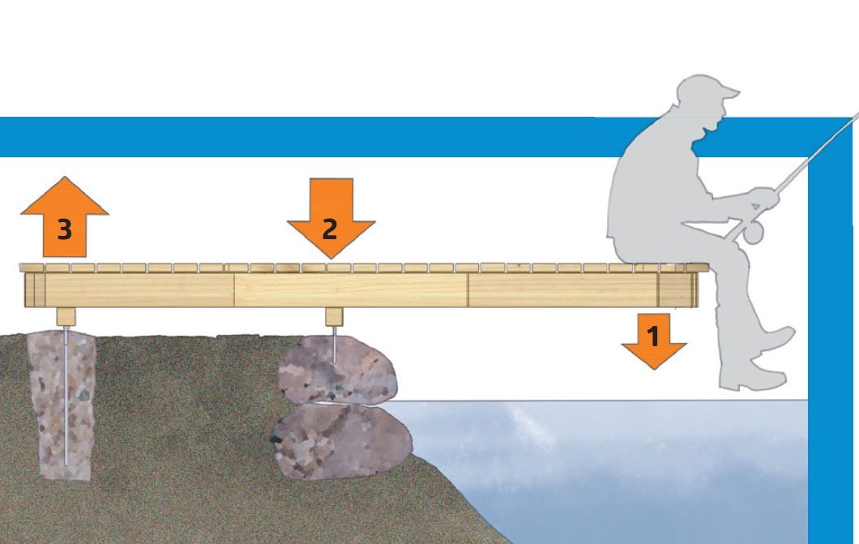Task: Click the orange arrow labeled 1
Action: click(653, 340)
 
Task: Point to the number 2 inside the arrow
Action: click(330, 229)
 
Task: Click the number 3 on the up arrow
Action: click(64, 230)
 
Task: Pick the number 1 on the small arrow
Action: click(653, 334)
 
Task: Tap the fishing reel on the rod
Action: click(753, 233)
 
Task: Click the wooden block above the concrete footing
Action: click(65, 316)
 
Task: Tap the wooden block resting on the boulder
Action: click(334, 316)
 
